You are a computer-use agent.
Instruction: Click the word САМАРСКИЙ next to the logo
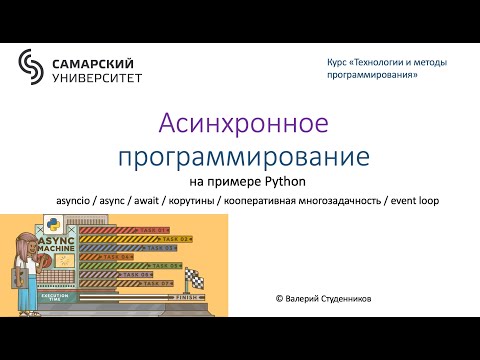(96, 59)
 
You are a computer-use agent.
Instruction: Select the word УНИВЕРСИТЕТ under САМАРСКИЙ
(96, 76)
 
